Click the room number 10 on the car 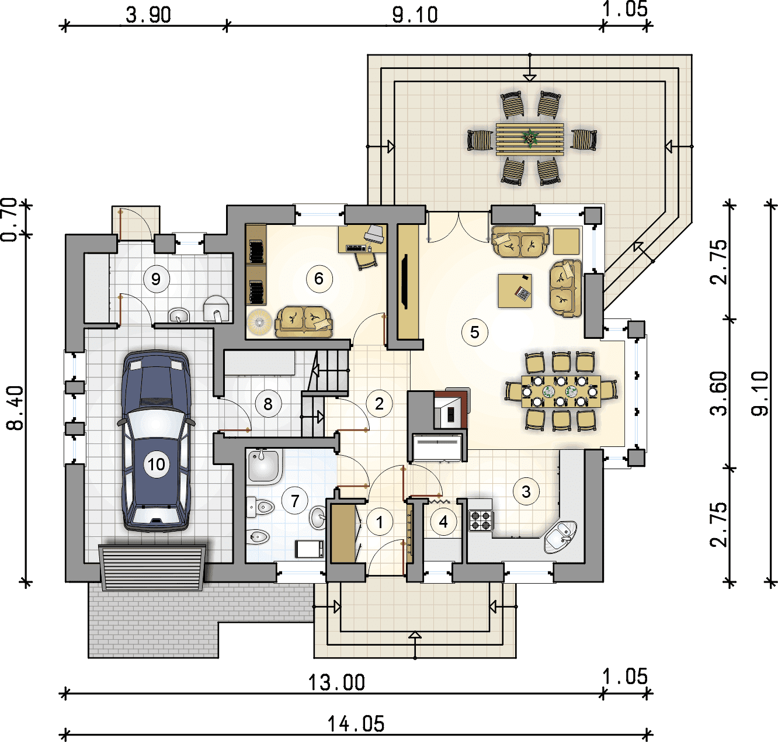pos(157,464)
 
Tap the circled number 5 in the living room pos(474,332)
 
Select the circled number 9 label pos(156,279)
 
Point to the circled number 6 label pos(319,279)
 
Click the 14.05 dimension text pos(356,724)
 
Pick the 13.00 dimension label pos(336,683)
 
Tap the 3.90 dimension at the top pos(148,15)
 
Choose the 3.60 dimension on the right pos(718,393)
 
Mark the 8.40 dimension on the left pos(16,408)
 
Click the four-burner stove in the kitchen pos(481,520)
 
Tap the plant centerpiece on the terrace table pos(530,138)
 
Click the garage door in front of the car pos(153,568)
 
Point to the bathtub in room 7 pos(265,466)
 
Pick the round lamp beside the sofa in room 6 pos(259,323)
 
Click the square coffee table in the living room pos(515,290)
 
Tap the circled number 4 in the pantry pos(443,522)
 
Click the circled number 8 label pos(268,404)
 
